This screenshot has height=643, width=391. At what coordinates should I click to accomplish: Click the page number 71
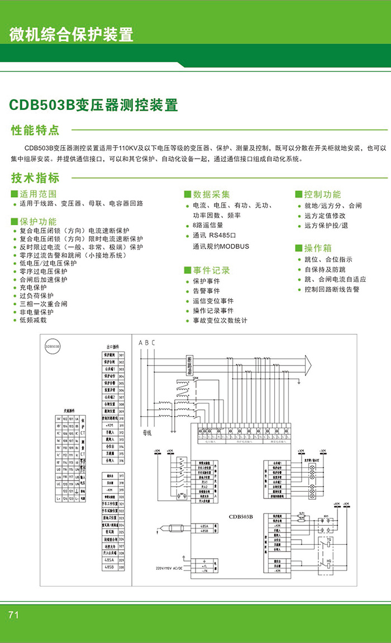click(x=14, y=615)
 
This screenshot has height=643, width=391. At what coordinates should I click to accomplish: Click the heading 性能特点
click(x=35, y=131)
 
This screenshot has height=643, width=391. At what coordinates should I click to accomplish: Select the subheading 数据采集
click(x=211, y=194)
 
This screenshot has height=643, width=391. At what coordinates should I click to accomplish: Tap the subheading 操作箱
click(x=317, y=248)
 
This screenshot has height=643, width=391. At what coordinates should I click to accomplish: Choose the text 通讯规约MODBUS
click(x=221, y=246)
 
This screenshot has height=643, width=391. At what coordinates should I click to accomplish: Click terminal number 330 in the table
click(x=121, y=567)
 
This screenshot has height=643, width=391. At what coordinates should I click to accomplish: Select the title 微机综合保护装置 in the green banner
click(x=71, y=35)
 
